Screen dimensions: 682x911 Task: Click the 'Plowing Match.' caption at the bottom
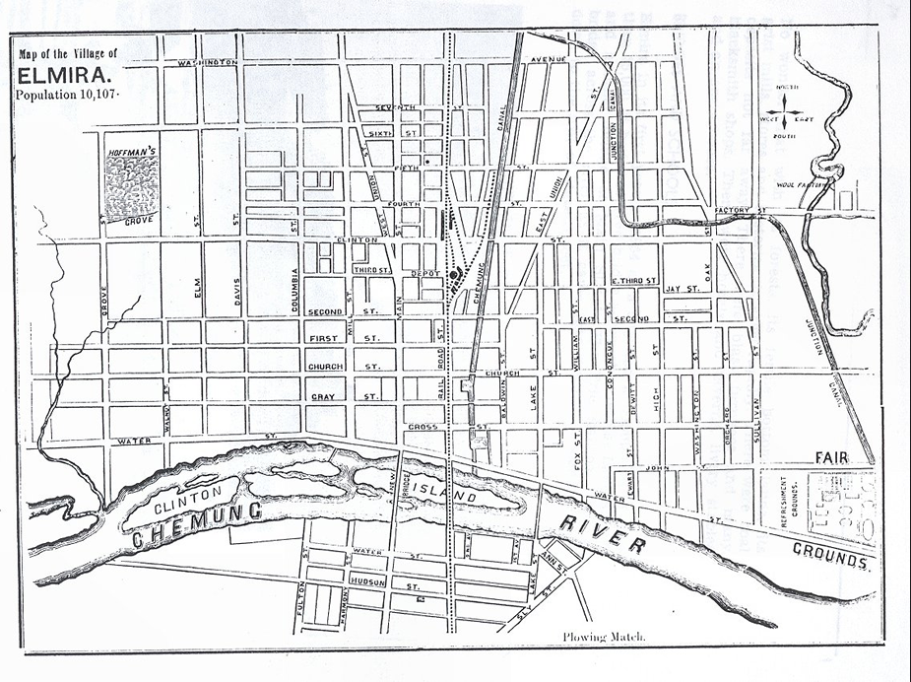(605, 637)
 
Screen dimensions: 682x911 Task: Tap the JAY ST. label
(681, 290)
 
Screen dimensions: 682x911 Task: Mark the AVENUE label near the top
(545, 60)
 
